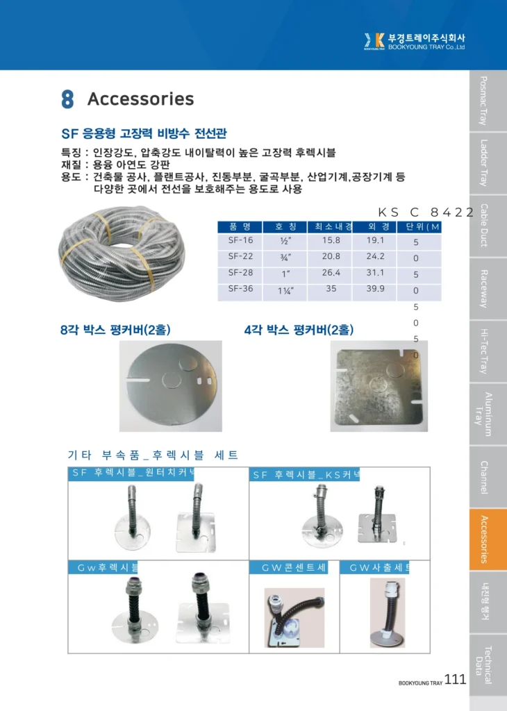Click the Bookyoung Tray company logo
[x=415, y=42]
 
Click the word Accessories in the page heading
[x=140, y=99]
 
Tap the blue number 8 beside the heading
[x=67, y=99]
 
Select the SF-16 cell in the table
[x=240, y=241]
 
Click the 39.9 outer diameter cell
[x=375, y=288]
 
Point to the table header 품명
[x=240, y=226]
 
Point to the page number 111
[x=455, y=680]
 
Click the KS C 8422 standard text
[x=426, y=212]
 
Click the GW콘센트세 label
[x=294, y=568]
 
